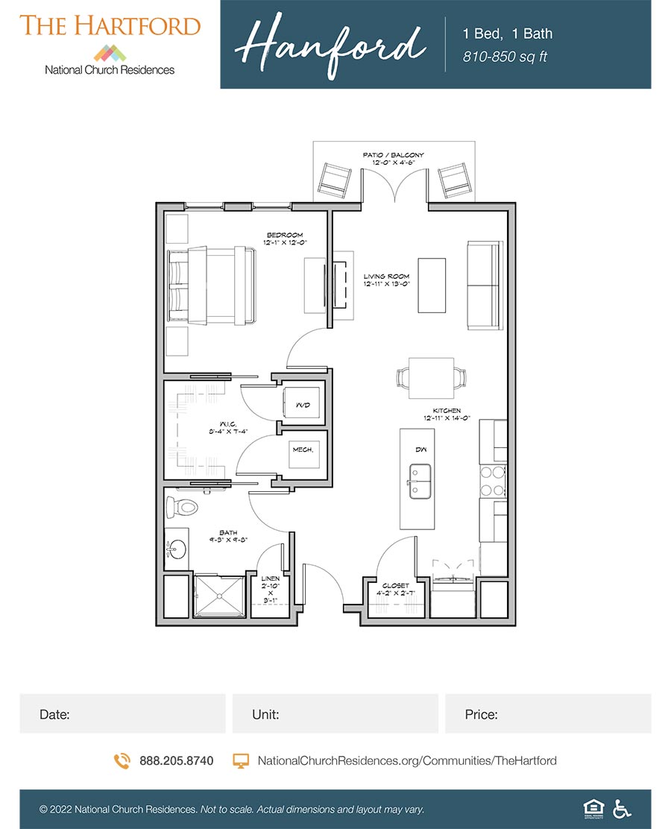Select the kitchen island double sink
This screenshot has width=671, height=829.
[x=419, y=481]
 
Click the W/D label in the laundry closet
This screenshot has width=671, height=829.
[x=302, y=405]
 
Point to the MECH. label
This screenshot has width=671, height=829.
[x=302, y=450]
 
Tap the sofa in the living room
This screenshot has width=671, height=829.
[x=484, y=285]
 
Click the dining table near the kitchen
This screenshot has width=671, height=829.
[x=432, y=378]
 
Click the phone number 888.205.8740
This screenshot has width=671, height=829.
[x=176, y=760]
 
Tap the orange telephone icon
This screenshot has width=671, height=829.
[x=122, y=760]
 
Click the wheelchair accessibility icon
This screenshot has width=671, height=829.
[x=620, y=809]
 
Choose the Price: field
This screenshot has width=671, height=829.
[x=548, y=713]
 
